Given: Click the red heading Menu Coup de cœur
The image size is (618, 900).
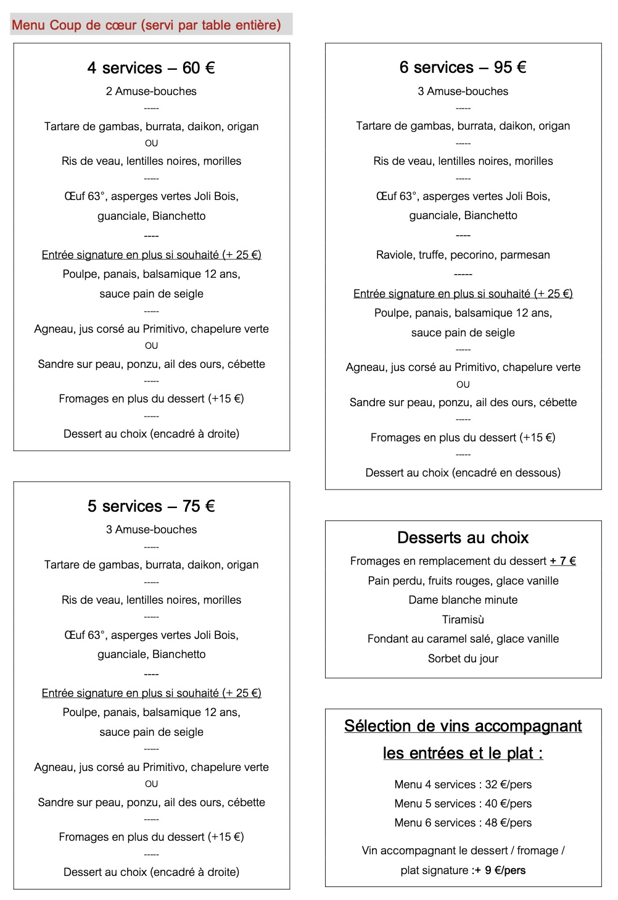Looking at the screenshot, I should (x=146, y=25).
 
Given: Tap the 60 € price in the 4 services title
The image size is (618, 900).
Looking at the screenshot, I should (x=199, y=68).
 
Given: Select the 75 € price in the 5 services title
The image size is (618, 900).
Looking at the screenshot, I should (x=199, y=506).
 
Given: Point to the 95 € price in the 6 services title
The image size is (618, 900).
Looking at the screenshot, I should (x=510, y=67).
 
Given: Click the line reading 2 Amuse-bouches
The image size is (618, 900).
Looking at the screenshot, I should (x=151, y=91).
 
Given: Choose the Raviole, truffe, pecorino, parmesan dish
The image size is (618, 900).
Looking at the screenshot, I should (x=463, y=255).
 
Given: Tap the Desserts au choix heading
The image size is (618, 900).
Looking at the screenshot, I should (x=463, y=538).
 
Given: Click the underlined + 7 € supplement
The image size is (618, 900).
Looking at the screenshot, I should (x=562, y=561).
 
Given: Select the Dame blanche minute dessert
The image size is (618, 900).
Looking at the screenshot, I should (x=463, y=600).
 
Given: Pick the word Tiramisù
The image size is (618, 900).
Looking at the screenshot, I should (x=463, y=620).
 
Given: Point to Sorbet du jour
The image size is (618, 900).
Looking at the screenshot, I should (x=463, y=659).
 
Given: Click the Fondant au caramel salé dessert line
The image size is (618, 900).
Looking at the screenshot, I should (x=463, y=639).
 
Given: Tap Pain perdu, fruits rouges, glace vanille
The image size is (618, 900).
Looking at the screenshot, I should (x=463, y=581).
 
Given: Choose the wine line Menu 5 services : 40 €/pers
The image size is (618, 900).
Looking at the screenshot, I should (x=463, y=804).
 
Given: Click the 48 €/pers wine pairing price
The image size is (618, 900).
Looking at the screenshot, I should (x=508, y=823).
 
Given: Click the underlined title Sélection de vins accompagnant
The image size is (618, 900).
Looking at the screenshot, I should (x=463, y=727).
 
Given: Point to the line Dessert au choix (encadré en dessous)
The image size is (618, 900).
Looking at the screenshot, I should (x=463, y=473).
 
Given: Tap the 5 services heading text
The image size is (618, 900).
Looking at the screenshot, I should (x=125, y=506).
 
